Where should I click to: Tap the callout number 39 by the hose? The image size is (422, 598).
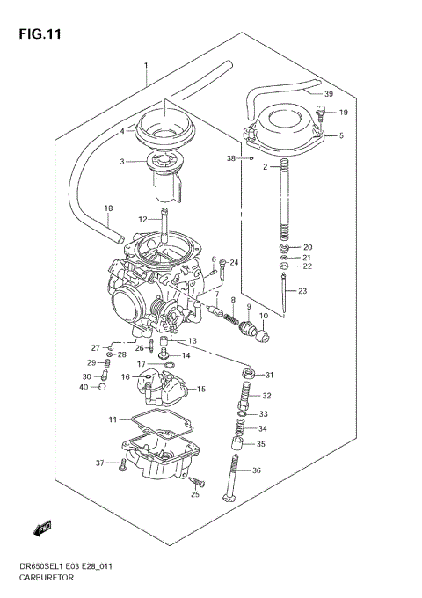click(328, 94)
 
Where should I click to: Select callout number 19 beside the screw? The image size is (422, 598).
click(343, 113)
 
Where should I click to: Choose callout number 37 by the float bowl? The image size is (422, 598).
click(99, 463)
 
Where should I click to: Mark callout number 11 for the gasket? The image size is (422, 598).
click(113, 419)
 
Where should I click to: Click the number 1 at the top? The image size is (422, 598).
click(146, 66)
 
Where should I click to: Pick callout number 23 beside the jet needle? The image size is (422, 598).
click(302, 291)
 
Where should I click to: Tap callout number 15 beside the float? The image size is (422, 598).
click(201, 389)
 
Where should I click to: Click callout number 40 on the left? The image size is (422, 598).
click(84, 388)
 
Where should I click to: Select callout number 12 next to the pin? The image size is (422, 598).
click(142, 220)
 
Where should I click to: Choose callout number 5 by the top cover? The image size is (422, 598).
click(341, 135)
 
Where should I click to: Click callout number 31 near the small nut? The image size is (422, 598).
click(270, 375)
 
